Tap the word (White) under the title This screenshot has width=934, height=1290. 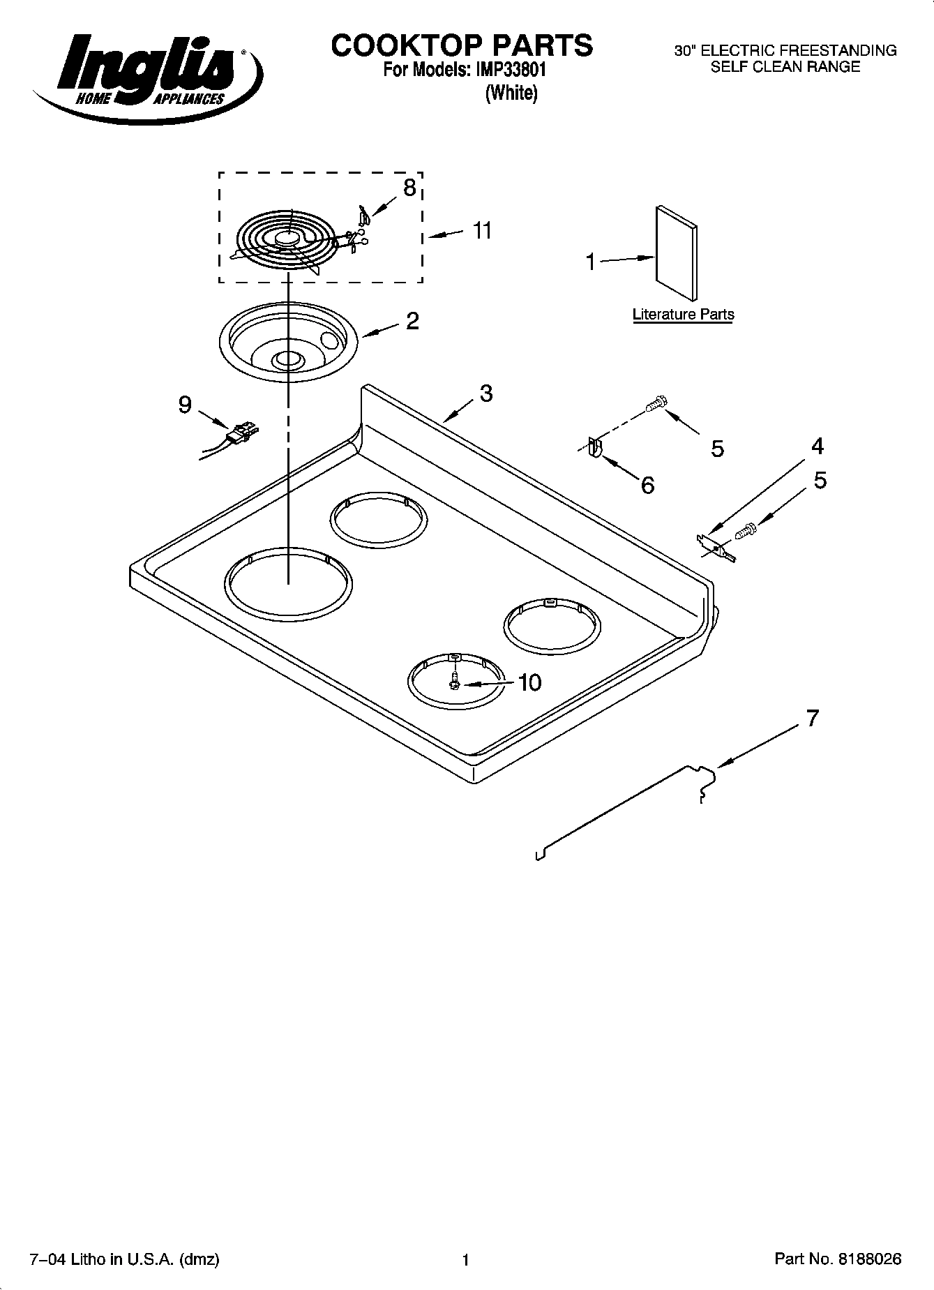coord(511,93)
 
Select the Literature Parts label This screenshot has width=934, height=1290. coord(683,314)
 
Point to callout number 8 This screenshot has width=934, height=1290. coord(409,187)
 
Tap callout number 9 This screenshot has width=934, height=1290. coord(185,405)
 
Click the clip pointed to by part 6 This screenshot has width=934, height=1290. coord(594,447)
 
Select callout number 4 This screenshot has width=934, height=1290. coord(818,446)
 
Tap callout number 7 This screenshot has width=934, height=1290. coord(812,718)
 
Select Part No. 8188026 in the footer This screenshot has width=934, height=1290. coord(838,1259)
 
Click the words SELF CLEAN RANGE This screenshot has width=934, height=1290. coord(785,67)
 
